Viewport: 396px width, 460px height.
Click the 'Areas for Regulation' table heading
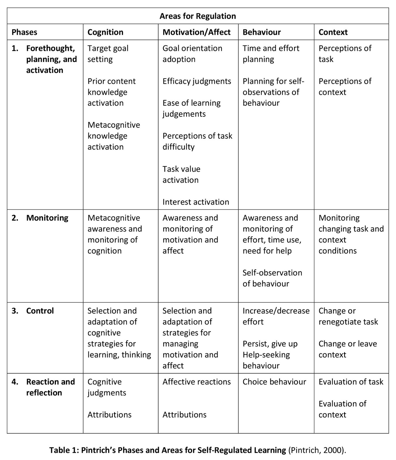[x=198, y=16]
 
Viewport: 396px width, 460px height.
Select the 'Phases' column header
[x=24, y=32]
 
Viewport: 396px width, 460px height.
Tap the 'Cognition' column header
[x=105, y=32]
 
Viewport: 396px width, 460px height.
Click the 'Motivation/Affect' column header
[x=197, y=32]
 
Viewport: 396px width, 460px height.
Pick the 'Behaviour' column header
[x=261, y=32]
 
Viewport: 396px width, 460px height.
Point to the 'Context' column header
[x=333, y=32]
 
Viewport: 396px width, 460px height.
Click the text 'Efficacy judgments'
[x=197, y=81]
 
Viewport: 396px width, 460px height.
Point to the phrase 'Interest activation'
[x=196, y=202]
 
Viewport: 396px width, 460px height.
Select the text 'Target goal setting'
[x=108, y=54]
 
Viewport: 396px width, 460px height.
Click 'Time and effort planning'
[x=271, y=54]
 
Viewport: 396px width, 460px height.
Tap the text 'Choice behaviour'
[x=274, y=382]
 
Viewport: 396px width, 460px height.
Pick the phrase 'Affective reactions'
[x=197, y=382]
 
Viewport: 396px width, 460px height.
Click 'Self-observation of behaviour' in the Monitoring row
[x=272, y=278]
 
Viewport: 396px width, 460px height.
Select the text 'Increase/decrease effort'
[x=276, y=316]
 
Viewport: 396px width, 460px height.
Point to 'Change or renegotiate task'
[x=348, y=316]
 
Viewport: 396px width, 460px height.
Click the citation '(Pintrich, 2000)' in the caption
[x=317, y=450]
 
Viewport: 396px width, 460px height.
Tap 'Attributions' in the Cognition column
[x=109, y=414]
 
